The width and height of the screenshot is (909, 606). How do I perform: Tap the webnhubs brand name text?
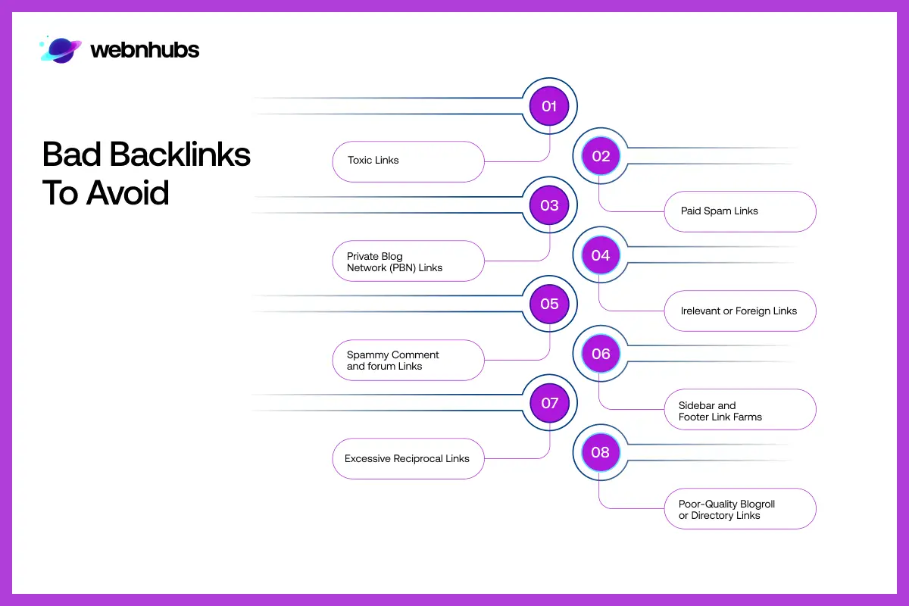point(145,51)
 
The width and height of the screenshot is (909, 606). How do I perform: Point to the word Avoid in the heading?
point(127,193)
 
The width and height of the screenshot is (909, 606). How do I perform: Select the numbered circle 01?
point(549,106)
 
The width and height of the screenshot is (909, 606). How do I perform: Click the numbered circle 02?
point(601,156)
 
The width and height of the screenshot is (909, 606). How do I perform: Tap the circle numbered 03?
point(549,205)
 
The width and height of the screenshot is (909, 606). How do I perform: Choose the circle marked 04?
point(601,255)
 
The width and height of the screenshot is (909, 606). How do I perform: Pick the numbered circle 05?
point(549,305)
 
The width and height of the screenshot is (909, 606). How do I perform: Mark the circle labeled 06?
point(601,354)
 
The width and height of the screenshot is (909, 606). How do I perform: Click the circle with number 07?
point(549,403)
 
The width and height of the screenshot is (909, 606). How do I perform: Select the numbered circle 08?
point(601,453)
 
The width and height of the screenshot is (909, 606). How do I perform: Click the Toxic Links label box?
point(408,161)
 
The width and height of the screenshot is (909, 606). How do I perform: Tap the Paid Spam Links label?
point(739,211)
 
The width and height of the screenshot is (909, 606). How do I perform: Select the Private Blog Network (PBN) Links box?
point(408,261)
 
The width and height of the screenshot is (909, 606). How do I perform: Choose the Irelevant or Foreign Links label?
point(739,311)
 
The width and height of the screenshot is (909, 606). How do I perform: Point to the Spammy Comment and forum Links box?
point(408,361)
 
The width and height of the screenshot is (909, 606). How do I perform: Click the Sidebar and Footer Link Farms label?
point(739,410)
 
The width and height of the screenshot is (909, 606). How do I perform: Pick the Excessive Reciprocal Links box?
point(408,459)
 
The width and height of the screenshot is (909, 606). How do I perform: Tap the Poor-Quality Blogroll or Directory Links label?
point(739,509)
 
